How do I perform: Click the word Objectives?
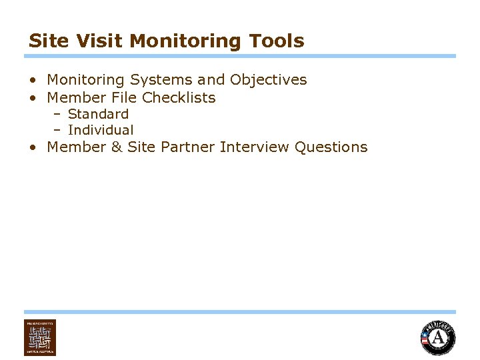point(268,80)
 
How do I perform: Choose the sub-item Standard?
point(98,114)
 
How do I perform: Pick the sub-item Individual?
point(101,130)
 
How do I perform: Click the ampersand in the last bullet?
point(116,147)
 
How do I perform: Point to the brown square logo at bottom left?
point(40,337)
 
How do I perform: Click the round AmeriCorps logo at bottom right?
point(437,337)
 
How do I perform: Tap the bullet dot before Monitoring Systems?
point(33,81)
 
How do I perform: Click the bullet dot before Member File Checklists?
point(33,98)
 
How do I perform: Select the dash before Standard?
point(57,114)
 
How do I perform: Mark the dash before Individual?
point(57,130)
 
